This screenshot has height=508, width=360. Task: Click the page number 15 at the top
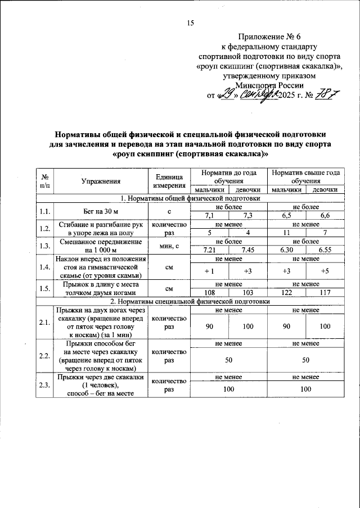point(190,22)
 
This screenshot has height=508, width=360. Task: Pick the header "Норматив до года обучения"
point(227,176)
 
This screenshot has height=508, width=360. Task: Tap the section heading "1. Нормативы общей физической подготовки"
point(190,198)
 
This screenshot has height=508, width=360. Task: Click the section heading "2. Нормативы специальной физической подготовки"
point(190,301)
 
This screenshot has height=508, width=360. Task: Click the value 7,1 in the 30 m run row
point(209,215)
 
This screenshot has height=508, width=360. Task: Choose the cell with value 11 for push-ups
point(286,232)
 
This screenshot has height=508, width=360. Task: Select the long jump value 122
point(286,293)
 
